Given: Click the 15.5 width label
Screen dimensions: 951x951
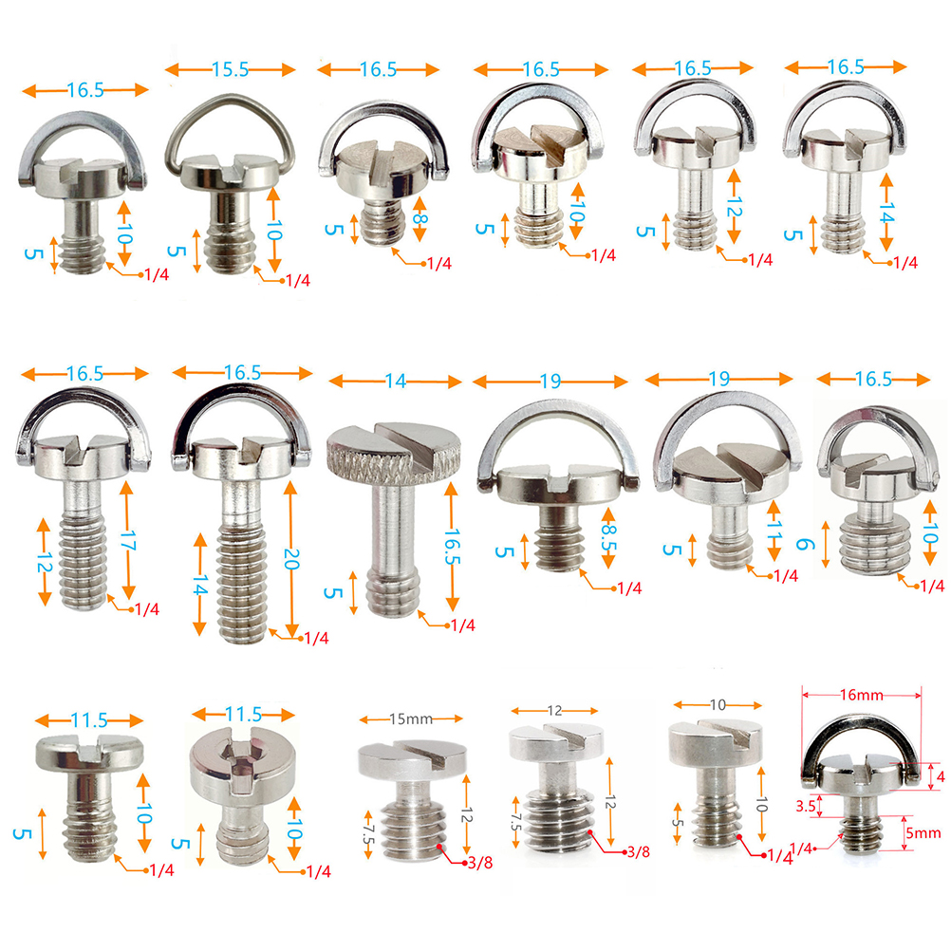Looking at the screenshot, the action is (230, 69).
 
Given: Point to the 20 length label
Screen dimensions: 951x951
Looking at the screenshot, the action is (291, 558).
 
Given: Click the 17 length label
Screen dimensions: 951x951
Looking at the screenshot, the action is (128, 540).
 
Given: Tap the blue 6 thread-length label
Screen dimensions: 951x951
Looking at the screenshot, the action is (803, 544).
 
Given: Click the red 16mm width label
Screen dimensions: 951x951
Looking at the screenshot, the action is (861, 695).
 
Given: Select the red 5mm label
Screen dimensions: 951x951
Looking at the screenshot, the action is (923, 832).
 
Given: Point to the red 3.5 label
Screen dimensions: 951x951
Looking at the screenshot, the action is (806, 806).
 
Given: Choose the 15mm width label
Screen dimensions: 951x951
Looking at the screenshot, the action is (411, 718).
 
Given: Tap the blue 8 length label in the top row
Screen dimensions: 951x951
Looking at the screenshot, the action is (420, 219).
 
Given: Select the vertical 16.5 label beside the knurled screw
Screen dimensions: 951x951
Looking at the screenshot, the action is (452, 547).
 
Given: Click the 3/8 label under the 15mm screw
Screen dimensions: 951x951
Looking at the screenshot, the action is (480, 863).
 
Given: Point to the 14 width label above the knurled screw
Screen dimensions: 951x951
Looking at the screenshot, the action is (396, 382).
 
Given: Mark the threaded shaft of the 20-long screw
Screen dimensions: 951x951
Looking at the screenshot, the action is (243, 582).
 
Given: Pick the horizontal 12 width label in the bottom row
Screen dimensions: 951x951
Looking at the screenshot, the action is (555, 711).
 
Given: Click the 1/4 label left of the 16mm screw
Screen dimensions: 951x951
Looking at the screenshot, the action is (801, 848).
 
